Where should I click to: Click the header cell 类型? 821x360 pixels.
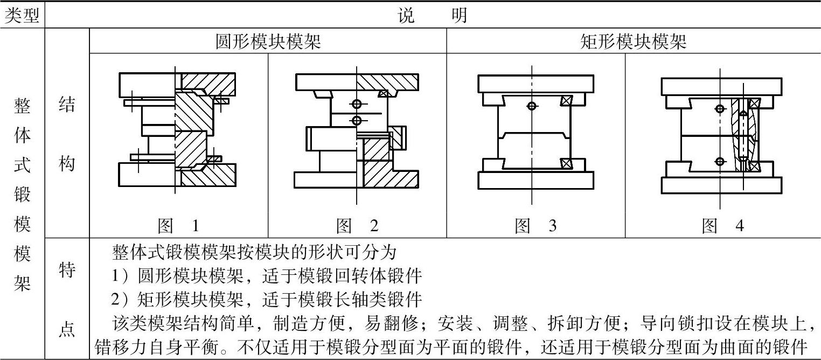click(x=22, y=16)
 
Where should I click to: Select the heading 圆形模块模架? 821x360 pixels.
click(x=268, y=41)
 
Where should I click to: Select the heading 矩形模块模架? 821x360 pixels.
click(x=633, y=41)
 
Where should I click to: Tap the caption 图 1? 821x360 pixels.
click(x=178, y=226)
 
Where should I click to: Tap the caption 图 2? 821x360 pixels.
click(x=357, y=226)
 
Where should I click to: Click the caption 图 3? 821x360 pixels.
click(x=535, y=226)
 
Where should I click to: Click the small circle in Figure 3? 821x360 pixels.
click(x=532, y=106)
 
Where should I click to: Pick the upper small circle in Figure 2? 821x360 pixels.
click(x=356, y=104)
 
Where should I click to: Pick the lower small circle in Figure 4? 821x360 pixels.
click(x=720, y=161)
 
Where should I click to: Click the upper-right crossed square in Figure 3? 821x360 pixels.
click(x=566, y=100)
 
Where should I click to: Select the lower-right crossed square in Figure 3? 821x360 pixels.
click(x=566, y=163)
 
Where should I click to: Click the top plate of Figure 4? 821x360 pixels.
click(x=721, y=86)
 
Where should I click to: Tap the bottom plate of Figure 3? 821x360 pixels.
click(x=535, y=180)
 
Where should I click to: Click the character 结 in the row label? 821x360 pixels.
click(x=67, y=105)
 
